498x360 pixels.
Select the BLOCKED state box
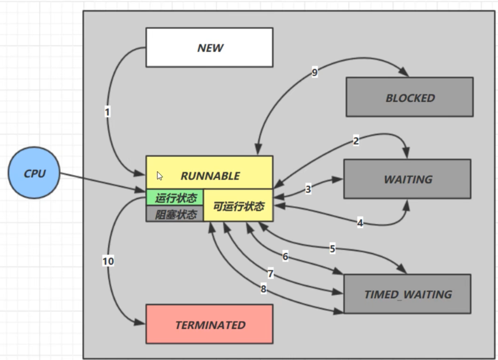point(410,98)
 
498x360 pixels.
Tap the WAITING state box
point(407,179)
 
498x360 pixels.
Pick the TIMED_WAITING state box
point(407,294)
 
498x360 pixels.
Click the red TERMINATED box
point(209,325)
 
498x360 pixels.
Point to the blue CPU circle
point(35,172)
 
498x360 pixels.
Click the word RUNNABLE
point(210,175)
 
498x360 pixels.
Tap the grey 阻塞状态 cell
point(175,214)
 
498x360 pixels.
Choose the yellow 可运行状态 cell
point(238,206)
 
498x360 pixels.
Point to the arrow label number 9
point(315,73)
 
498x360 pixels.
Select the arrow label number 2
point(356,141)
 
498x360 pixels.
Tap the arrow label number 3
point(308,189)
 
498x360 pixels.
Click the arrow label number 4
point(360,223)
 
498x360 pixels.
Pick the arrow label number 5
point(333,249)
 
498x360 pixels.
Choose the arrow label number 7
point(270,273)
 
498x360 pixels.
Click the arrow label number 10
point(108,261)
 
